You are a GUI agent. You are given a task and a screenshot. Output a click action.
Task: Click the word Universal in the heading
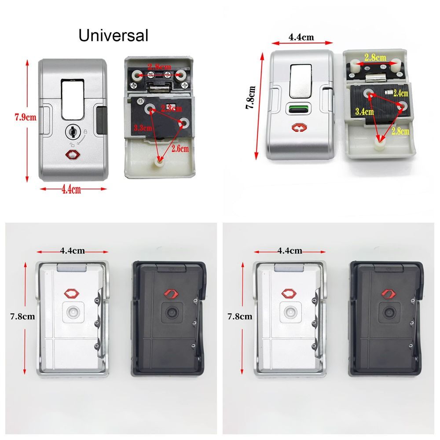[x=113, y=35]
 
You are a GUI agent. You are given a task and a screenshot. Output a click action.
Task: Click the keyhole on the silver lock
[x=73, y=130]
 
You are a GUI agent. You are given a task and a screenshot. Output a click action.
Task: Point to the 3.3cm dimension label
[x=142, y=128]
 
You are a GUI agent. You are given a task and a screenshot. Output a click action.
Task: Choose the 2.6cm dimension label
[x=180, y=149]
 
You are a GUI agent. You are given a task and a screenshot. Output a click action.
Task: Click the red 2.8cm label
[x=159, y=66]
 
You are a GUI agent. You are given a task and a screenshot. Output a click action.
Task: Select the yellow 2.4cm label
[x=401, y=93]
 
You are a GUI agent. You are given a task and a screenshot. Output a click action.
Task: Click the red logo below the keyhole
[x=72, y=155]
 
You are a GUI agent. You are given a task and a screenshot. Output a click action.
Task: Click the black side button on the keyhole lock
[x=102, y=120]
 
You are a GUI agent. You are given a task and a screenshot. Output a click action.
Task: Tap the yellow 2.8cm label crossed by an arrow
[x=400, y=131]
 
